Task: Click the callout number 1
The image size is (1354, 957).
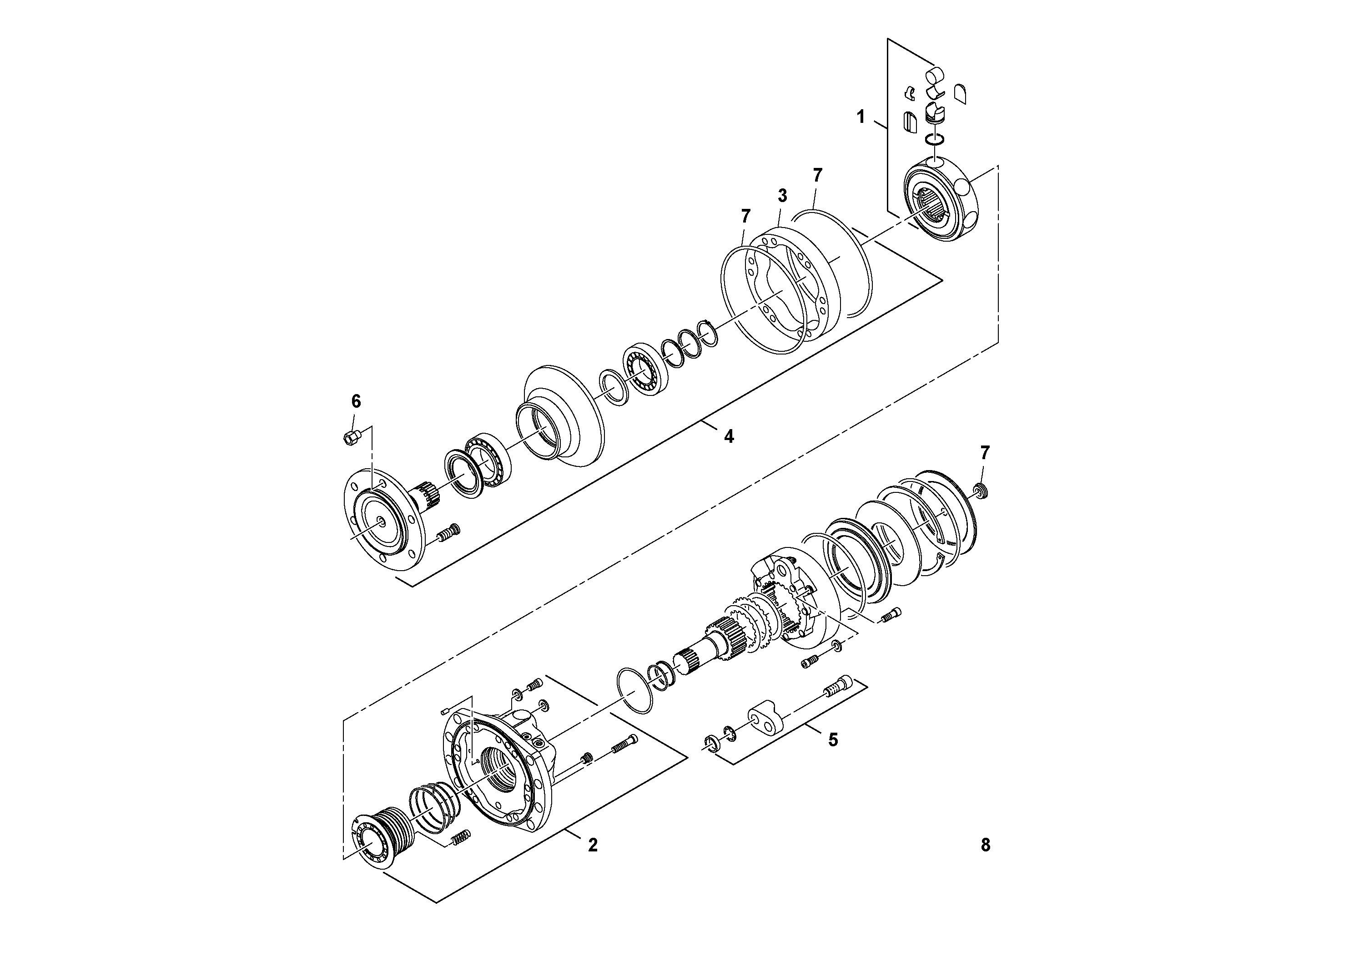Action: point(861,117)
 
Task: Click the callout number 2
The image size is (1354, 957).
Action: point(593,845)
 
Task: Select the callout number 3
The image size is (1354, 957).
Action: point(782,195)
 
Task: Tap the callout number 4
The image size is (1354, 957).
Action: point(729,436)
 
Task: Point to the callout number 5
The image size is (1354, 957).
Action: point(833,740)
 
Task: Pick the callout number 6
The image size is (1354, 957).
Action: point(356,402)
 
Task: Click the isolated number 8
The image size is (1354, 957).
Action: point(986,845)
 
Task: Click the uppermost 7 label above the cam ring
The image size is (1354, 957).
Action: point(817,175)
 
